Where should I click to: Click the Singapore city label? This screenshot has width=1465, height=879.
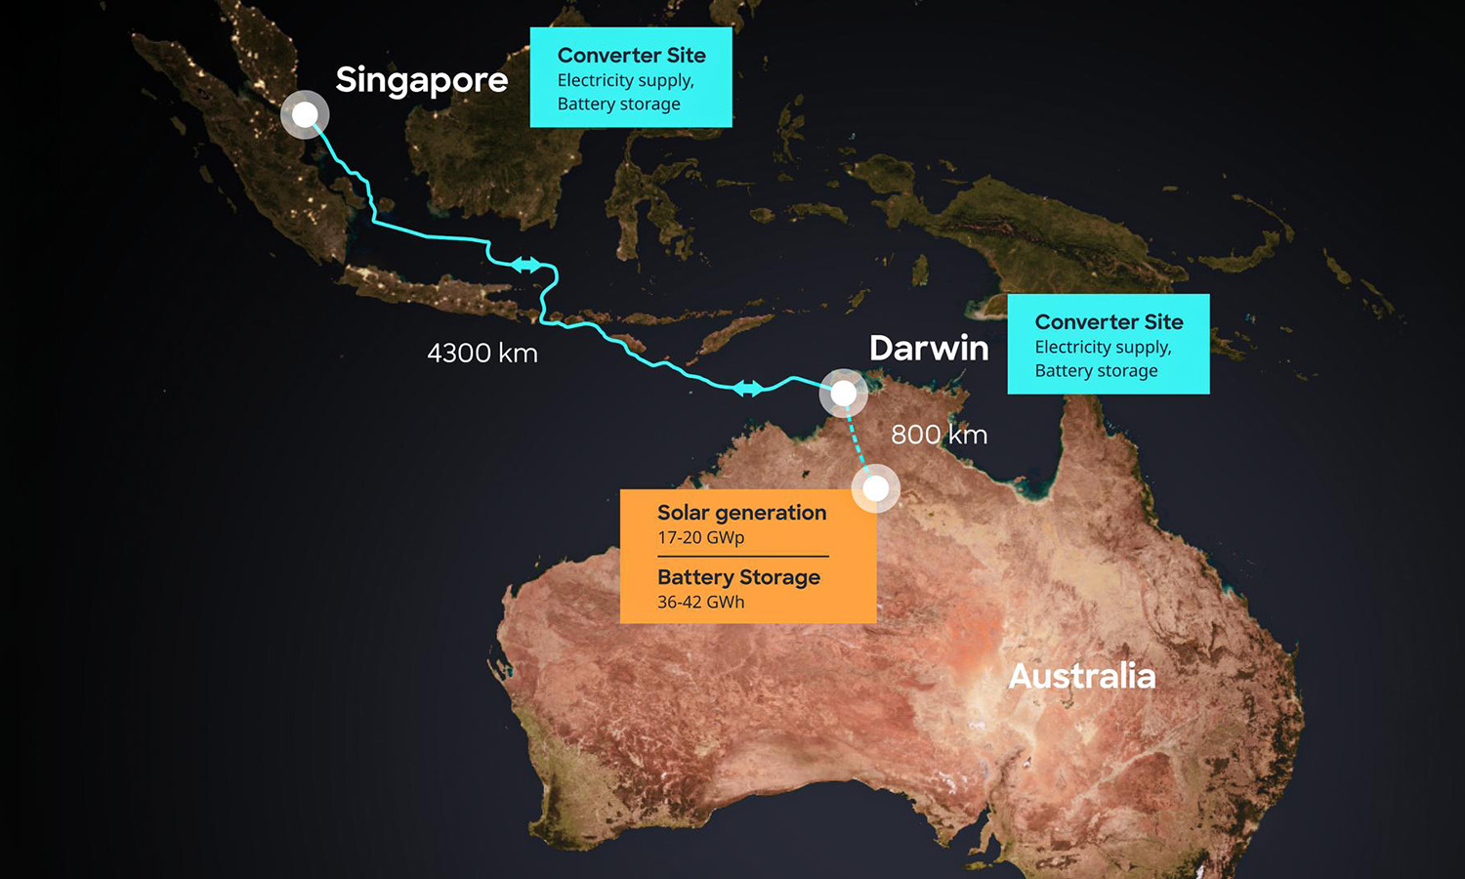tap(421, 80)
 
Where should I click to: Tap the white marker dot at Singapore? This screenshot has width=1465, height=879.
tap(305, 115)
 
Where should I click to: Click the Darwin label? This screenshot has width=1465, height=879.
tap(929, 349)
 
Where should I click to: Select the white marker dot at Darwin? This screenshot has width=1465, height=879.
tap(843, 393)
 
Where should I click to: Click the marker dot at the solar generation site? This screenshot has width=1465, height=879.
tap(876, 487)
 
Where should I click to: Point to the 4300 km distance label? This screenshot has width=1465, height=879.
tap(482, 354)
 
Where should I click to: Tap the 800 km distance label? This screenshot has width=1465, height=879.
tap(939, 435)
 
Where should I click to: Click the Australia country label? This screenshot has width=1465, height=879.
tap(1081, 676)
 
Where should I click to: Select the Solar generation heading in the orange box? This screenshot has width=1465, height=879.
tap(741, 513)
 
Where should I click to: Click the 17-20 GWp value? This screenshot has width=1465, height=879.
tap(700, 538)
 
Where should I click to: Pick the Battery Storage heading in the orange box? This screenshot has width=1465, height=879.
tap(738, 577)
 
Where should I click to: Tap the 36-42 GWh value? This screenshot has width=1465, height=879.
tap(700, 603)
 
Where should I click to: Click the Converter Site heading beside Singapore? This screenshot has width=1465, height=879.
tap(631, 56)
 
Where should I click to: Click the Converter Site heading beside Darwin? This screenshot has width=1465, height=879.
tap(1109, 322)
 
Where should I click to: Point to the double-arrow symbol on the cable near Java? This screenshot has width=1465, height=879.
tap(525, 265)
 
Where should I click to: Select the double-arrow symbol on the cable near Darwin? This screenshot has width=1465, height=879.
tap(748, 389)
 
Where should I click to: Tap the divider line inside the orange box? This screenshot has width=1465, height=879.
tap(742, 557)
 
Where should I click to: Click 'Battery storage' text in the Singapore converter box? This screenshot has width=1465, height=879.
tap(618, 105)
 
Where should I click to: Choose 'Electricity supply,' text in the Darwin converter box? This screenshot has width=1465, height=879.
tap(1103, 348)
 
